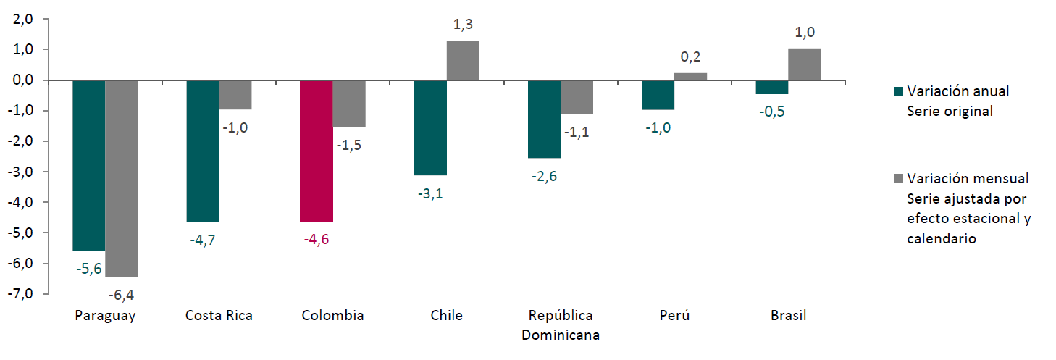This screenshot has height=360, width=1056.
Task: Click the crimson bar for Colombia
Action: click(317, 151)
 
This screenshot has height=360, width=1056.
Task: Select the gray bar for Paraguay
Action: click(122, 178)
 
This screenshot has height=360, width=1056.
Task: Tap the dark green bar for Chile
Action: click(430, 127)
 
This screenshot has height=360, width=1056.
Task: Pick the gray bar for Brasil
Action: click(805, 64)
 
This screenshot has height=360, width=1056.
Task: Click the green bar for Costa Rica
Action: click(203, 151)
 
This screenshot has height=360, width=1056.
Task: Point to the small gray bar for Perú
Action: click(691, 76)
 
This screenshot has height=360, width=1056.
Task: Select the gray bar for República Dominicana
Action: click(577, 97)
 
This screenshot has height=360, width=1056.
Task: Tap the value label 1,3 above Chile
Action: click(463, 25)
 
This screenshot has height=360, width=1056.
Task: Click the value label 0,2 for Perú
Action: click(691, 56)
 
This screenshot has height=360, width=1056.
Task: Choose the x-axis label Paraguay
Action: click(105, 316)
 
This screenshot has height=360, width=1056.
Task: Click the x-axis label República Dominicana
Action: click(561, 325)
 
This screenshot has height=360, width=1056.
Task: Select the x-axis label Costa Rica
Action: click(219, 316)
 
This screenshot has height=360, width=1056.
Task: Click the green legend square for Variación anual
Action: click(900, 92)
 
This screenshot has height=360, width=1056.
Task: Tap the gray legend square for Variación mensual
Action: click(900, 178)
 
